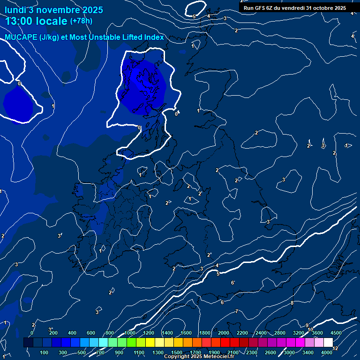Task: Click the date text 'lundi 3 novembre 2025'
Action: point(54,10)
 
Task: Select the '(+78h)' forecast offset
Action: point(81,21)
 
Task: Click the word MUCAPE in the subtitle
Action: point(21,37)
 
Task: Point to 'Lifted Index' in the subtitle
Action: point(143,37)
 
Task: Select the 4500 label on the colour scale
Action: point(337,333)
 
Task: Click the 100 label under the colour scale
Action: point(45,352)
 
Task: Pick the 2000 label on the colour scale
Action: point(224,333)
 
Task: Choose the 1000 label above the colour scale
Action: point(130,333)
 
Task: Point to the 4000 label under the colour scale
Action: point(327,352)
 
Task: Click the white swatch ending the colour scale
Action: point(328,343)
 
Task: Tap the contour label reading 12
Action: point(335,348)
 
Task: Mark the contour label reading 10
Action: point(310,330)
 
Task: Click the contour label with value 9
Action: point(307,325)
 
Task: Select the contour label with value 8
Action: point(292,303)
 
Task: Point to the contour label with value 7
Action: point(237,312)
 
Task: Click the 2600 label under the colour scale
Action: point(270,352)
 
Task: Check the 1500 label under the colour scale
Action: point(177,352)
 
